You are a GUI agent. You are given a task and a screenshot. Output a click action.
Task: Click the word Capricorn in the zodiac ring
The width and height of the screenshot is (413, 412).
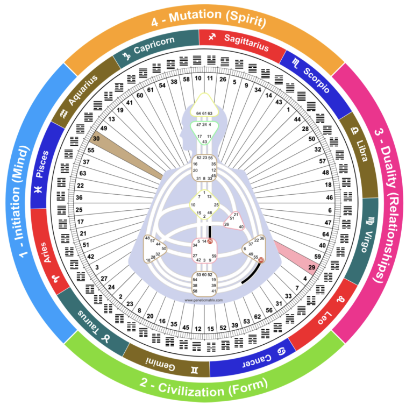coord(156,46)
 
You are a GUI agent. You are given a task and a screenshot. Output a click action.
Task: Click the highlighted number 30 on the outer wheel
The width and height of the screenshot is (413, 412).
coord(97,139)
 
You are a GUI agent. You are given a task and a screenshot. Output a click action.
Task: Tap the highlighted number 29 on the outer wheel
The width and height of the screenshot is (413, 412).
coord(311,267)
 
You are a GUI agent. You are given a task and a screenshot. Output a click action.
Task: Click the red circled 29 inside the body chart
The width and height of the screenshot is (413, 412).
coord(210,241)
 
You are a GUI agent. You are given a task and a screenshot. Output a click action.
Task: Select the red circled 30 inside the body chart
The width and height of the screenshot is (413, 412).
coord(261,260)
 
